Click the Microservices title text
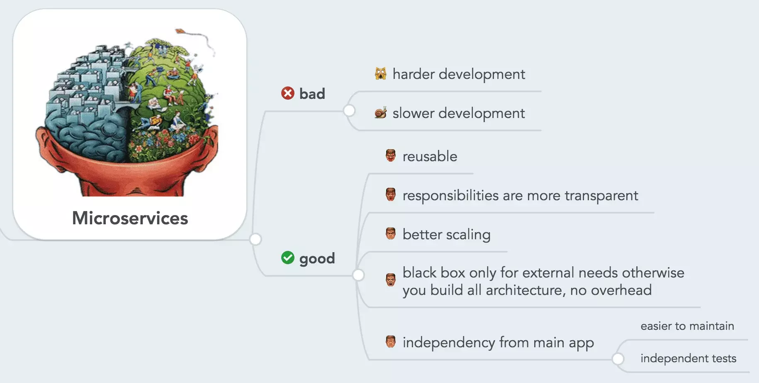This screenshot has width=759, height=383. tap(130, 218)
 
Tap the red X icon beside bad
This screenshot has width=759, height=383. tap(288, 93)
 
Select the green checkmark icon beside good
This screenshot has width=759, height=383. tap(288, 258)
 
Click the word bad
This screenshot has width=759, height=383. tap(312, 94)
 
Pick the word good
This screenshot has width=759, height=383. tap(317, 259)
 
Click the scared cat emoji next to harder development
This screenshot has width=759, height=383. tap(381, 74)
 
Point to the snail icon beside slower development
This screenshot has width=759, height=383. tap(381, 113)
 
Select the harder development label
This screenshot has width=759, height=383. tap(459, 74)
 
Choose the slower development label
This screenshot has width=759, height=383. tap(459, 113)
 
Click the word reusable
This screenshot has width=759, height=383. tap(430, 157)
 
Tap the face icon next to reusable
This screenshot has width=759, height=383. tap(391, 156)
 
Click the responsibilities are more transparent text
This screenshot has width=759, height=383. tap(521, 196)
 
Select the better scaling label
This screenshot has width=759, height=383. tap(447, 235)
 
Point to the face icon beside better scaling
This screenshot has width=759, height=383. tap(391, 233)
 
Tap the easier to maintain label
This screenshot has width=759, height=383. tap(687, 326)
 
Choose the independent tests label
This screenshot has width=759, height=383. tap(688, 358)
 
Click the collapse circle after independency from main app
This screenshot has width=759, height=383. tap(618, 359)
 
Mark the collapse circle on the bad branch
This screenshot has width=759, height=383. tap(349, 110)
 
